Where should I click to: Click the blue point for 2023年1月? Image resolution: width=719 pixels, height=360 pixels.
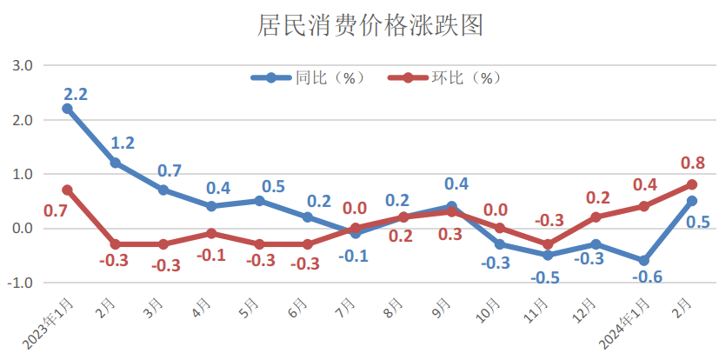[x=68, y=109]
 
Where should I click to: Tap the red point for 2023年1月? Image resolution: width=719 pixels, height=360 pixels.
[x=68, y=190]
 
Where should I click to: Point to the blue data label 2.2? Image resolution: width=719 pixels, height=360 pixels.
[x=76, y=90]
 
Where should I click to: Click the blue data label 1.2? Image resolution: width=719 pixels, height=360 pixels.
[x=123, y=143]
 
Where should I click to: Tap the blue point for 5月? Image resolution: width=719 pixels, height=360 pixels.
[x=259, y=201]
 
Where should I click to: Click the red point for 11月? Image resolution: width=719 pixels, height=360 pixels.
[x=547, y=244]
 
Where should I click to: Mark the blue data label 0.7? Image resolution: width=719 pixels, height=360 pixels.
[x=171, y=170]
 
